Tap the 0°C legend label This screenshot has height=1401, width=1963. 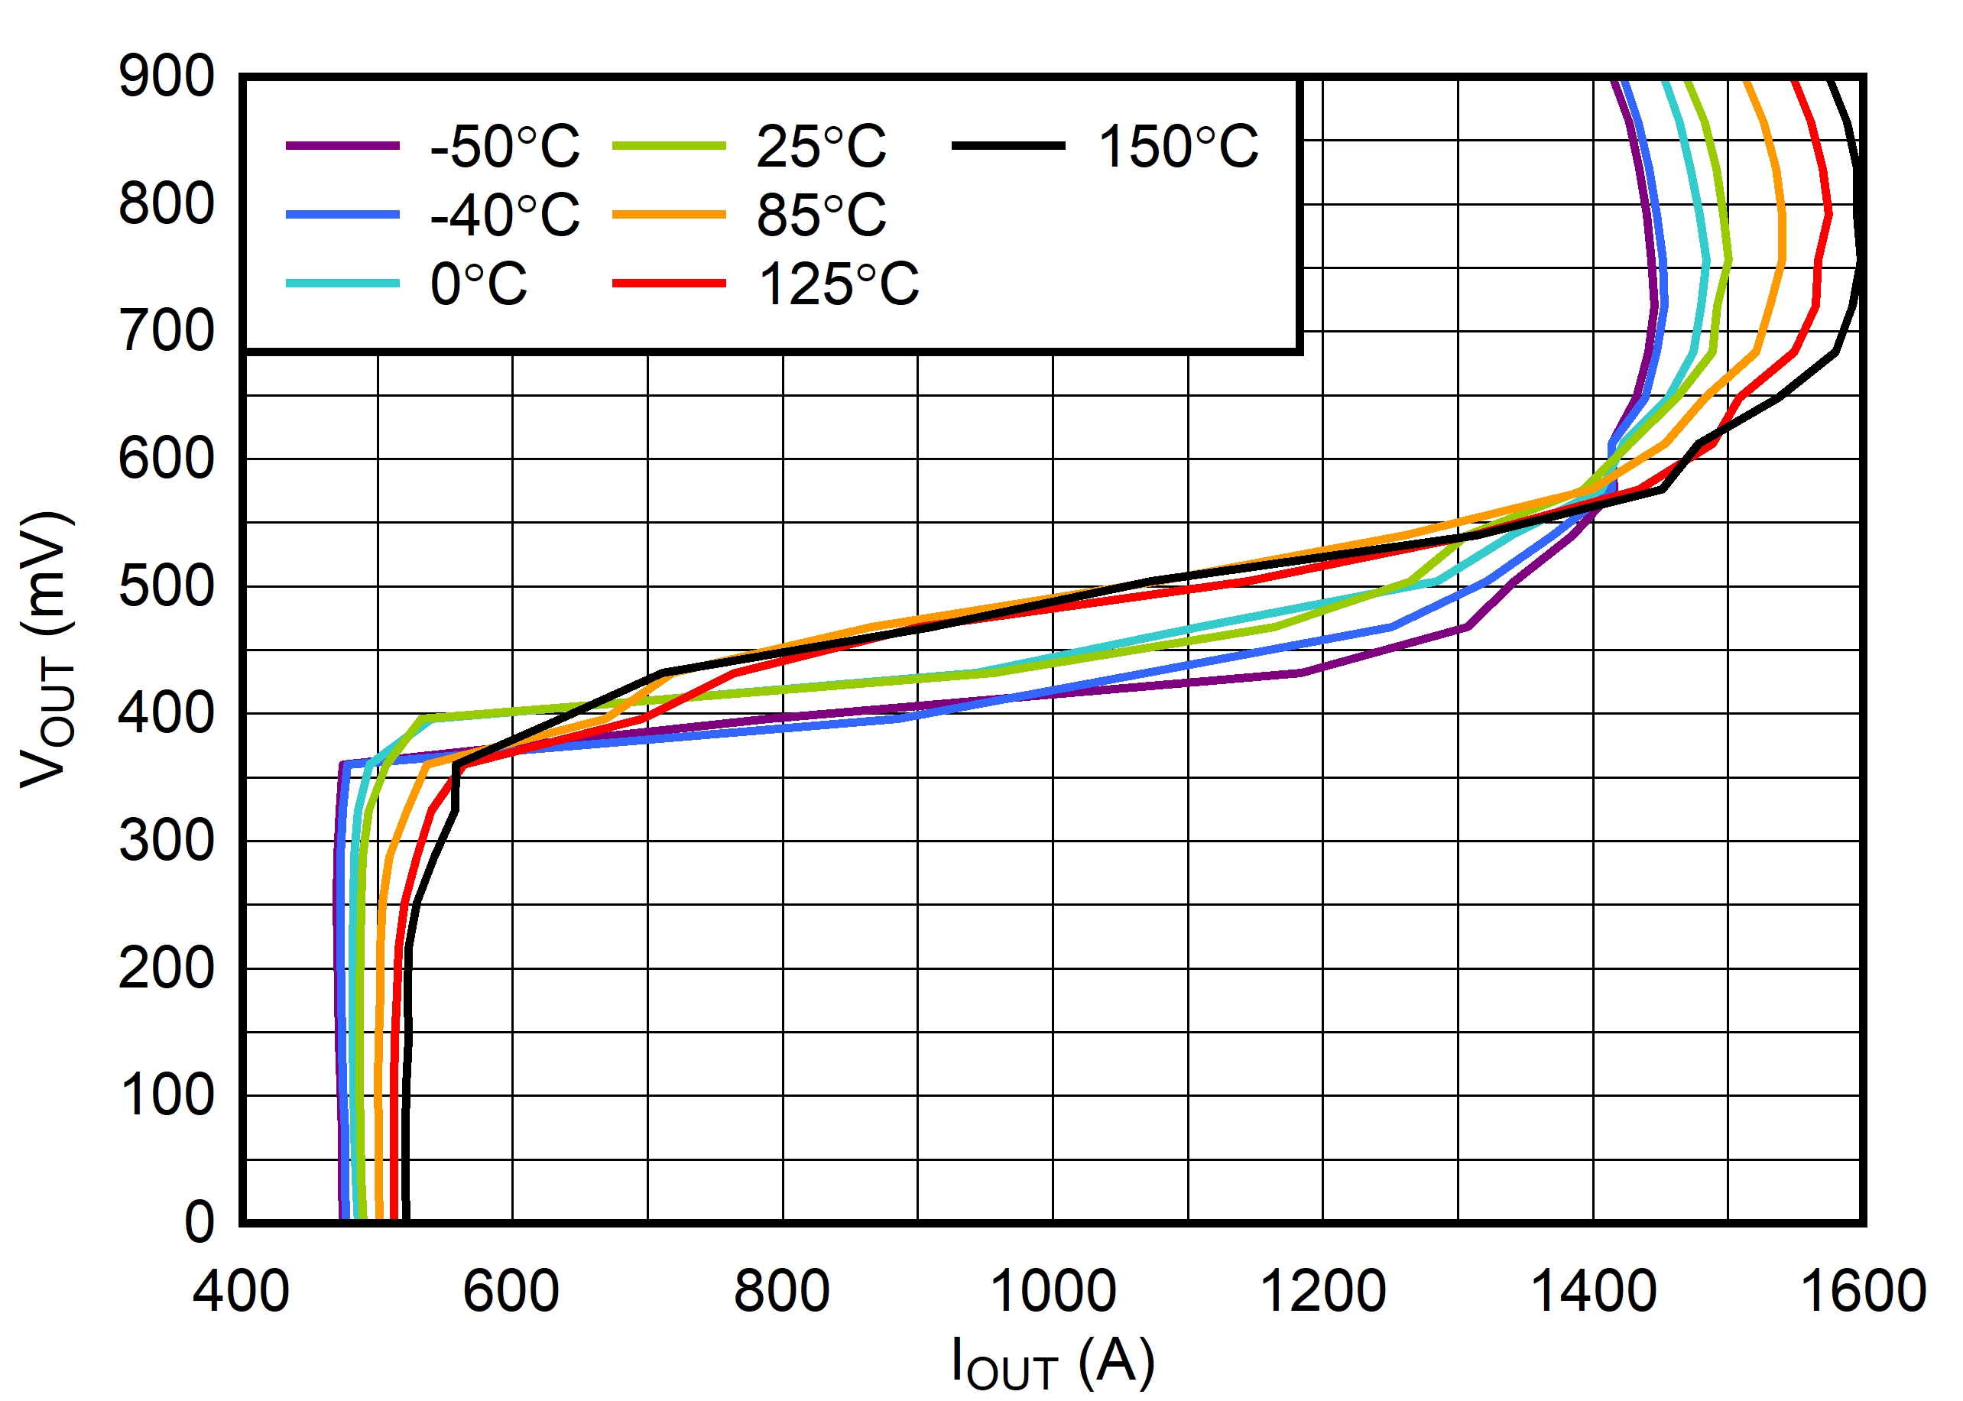tap(479, 284)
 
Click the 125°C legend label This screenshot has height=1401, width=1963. tap(839, 284)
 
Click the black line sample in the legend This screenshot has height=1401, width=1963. tap(1007, 146)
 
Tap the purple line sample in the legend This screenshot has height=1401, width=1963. tap(342, 146)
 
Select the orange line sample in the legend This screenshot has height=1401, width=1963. tap(669, 215)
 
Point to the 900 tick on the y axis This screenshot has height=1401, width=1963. tap(167, 76)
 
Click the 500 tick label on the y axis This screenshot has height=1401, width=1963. tap(167, 587)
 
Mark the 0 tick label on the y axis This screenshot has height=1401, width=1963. tap(200, 1222)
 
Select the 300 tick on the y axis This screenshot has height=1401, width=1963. tap(167, 841)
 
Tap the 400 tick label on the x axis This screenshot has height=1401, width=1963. tap(242, 1292)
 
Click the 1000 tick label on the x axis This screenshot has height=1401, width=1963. tap(1053, 1292)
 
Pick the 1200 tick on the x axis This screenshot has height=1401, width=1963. tap(1322, 1292)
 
